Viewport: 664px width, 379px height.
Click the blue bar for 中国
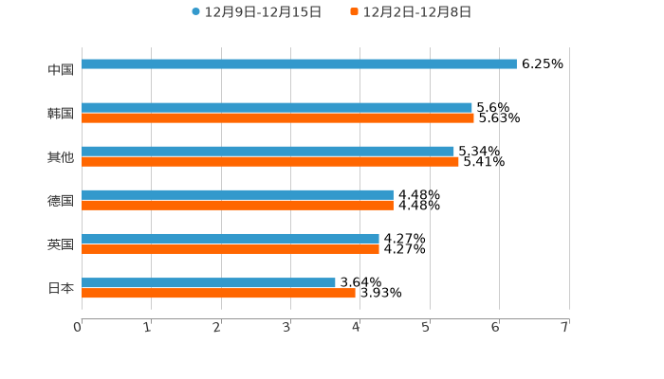[x=299, y=64]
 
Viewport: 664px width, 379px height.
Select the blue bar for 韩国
[x=277, y=108]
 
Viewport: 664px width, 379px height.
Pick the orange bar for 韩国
[x=278, y=118]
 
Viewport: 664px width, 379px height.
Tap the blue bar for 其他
[x=267, y=152]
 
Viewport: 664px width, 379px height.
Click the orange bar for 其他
[x=270, y=162]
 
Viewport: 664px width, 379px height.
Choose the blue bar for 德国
[x=237, y=195]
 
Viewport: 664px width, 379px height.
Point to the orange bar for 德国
[x=237, y=206]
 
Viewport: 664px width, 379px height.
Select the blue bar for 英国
[x=231, y=239]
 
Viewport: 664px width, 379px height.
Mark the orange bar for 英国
[x=231, y=249]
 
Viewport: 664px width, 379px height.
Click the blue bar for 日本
[x=209, y=282]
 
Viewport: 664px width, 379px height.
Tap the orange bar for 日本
[x=218, y=293]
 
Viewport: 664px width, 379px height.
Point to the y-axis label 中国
[x=61, y=69]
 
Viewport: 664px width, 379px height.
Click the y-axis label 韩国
[x=61, y=113]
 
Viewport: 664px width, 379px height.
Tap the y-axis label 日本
[x=61, y=288]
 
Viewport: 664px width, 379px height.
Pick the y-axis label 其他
[x=61, y=156]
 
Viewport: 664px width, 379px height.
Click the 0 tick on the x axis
[x=78, y=327]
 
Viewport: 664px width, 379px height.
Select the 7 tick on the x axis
[x=564, y=327]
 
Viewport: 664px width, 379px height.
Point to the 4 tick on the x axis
[x=357, y=327]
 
